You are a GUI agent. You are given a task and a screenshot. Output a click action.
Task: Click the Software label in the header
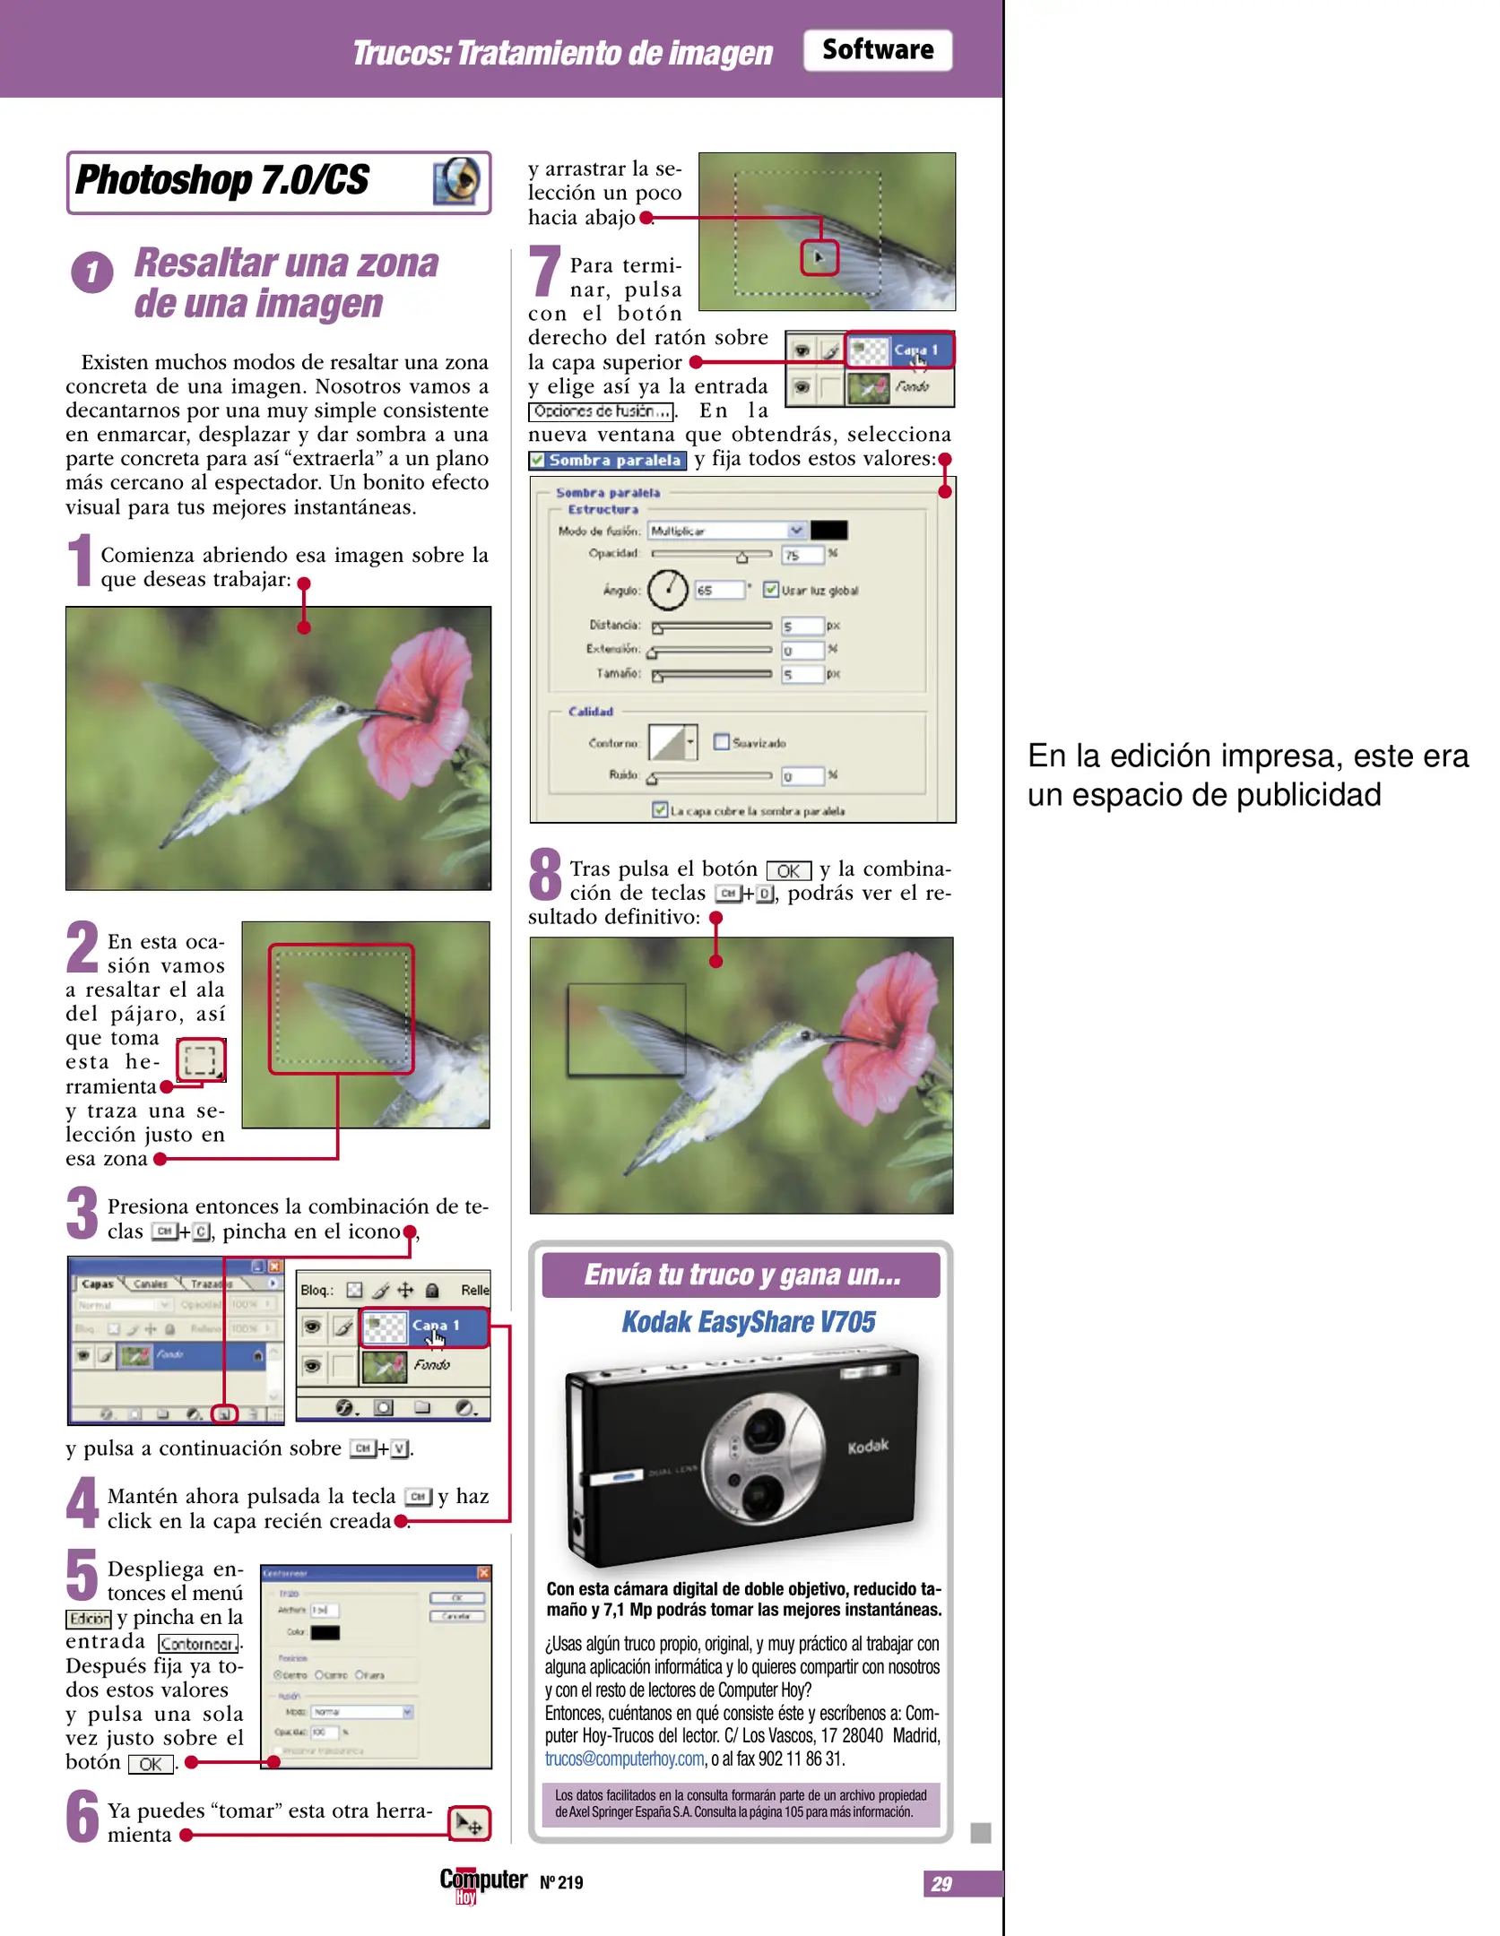877,50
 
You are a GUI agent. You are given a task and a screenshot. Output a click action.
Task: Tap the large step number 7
544,271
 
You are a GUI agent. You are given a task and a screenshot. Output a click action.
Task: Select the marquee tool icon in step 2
200,1060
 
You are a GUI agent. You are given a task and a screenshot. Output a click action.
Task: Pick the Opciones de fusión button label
601,411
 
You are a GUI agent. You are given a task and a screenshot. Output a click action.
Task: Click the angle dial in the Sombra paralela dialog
667,589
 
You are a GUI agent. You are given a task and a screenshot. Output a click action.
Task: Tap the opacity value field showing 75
801,555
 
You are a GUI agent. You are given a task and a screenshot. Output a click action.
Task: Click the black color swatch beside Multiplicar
828,531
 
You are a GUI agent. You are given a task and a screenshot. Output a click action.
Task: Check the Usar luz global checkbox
770,589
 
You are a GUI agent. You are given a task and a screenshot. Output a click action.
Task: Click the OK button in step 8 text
788,870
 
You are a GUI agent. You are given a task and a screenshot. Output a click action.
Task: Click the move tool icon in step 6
469,1823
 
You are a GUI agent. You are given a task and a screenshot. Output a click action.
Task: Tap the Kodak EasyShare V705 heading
748,1322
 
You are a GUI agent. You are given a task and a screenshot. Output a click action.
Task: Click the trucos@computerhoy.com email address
624,1759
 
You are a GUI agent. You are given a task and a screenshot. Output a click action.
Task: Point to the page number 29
941,1883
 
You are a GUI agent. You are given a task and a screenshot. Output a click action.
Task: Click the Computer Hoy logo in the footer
482,1883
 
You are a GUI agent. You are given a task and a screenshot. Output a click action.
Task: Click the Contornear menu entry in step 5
199,1644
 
